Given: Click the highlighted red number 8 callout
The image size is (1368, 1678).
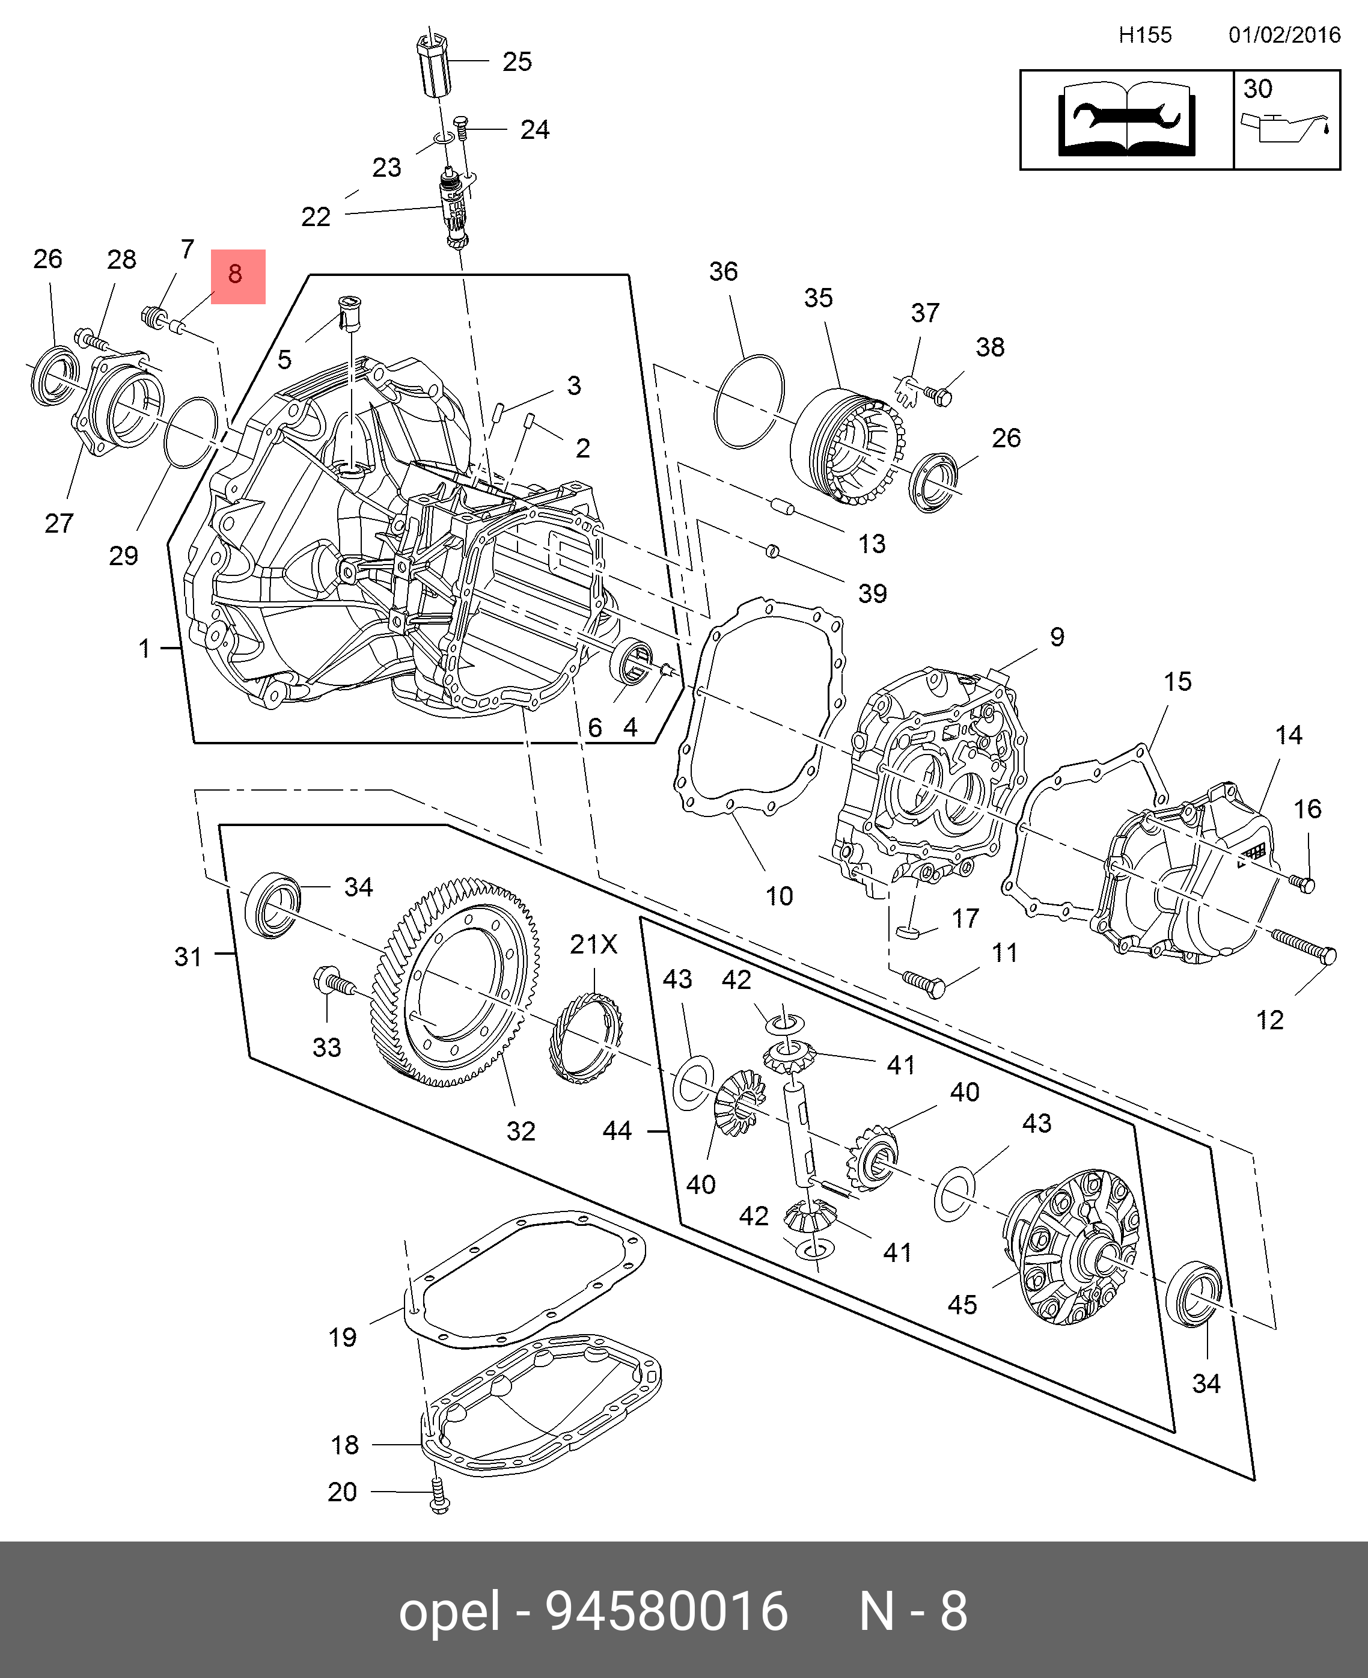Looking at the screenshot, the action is point(238,277).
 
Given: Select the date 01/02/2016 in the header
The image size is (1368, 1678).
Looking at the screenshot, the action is point(1284,35).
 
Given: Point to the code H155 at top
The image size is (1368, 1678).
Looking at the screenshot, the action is point(1145,35).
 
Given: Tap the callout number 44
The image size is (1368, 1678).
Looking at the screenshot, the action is point(617,1131).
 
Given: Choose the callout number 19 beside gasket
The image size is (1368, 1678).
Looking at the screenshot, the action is point(343,1337).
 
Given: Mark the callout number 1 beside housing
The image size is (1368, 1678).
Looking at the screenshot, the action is point(144,649).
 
